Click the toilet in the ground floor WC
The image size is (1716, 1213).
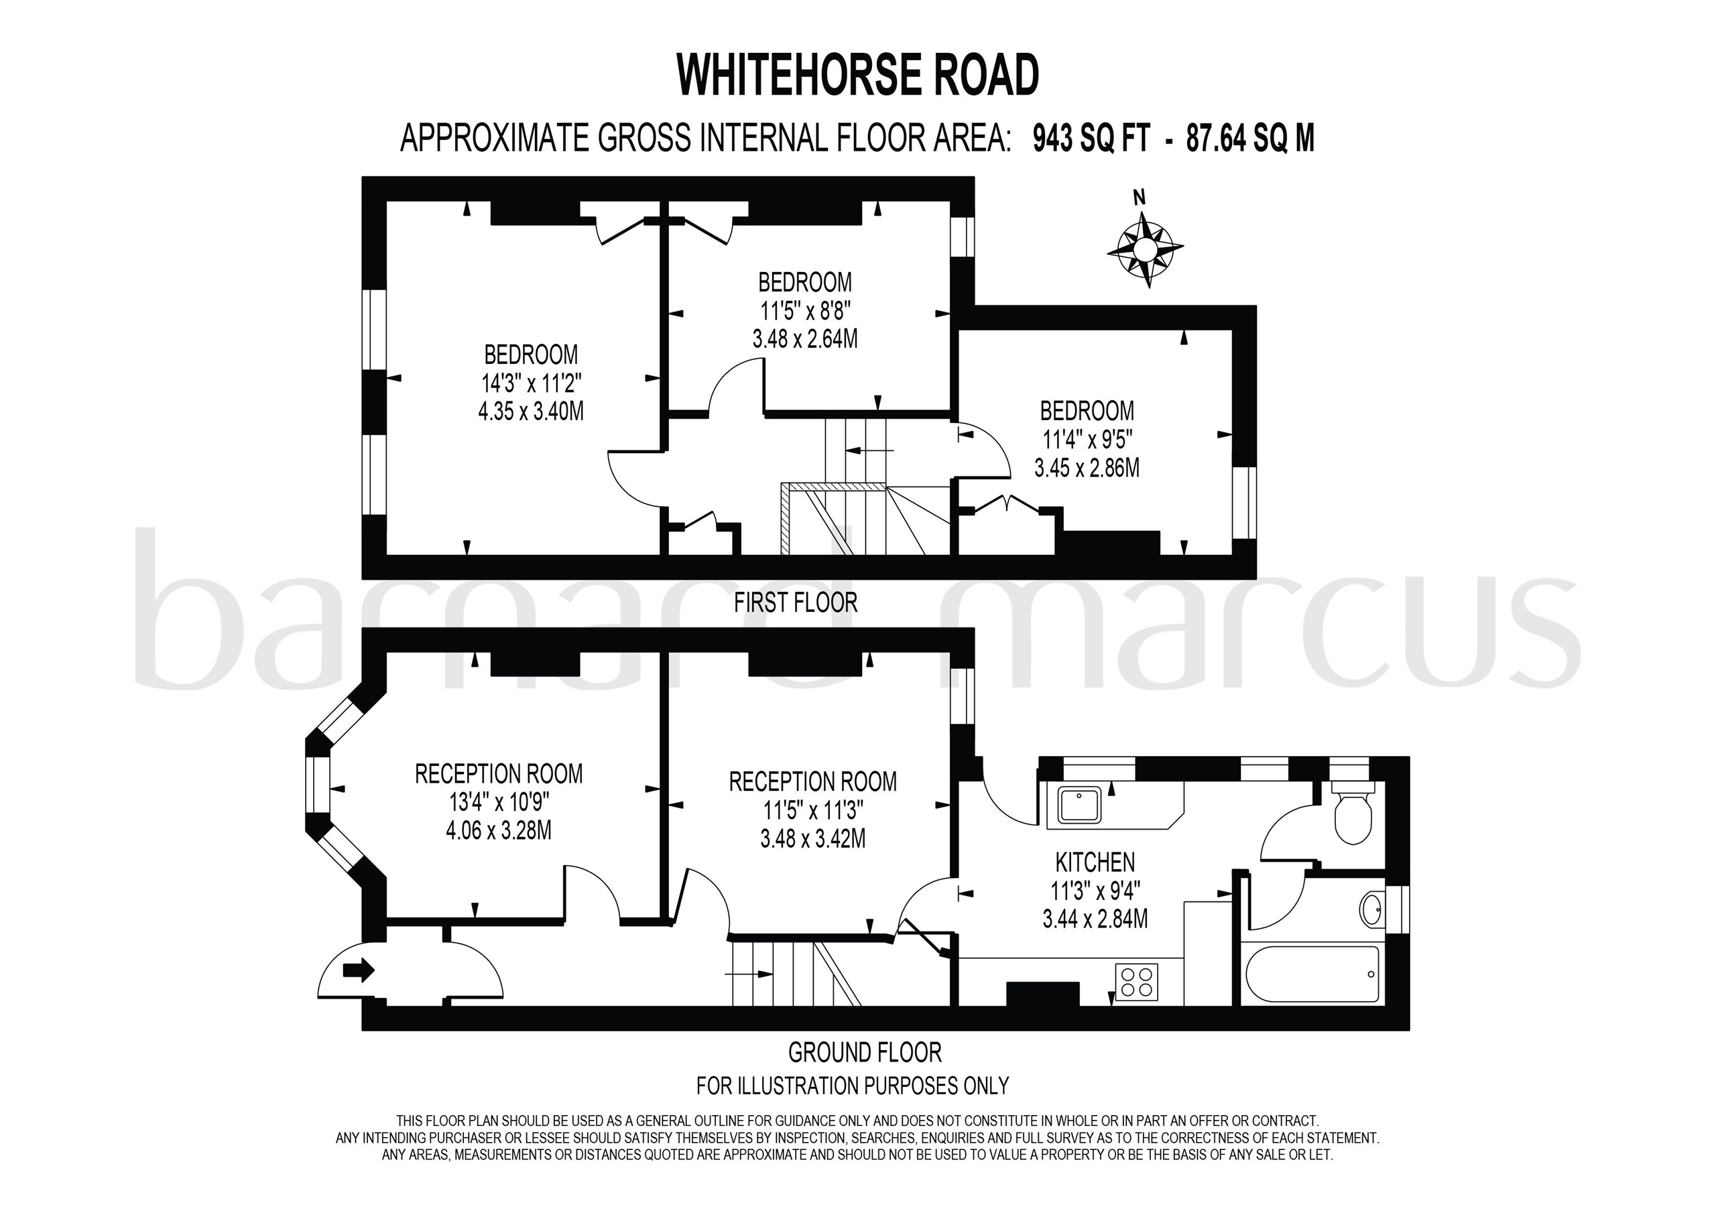[1353, 817]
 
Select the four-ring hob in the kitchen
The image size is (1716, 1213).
[1137, 981]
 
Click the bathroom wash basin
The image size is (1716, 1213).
[1371, 909]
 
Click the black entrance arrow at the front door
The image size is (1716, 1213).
[359, 970]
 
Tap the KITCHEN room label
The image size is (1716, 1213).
[1095, 863]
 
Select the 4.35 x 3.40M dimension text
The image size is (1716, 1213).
[531, 411]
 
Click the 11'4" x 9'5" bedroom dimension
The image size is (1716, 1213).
[1087, 440]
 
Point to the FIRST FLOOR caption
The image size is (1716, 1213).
[795, 602]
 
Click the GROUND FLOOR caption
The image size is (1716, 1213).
[865, 1052]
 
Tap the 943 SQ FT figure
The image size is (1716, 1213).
[1091, 139]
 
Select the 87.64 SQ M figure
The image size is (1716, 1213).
[1249, 139]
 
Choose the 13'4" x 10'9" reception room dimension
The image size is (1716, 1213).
[499, 802]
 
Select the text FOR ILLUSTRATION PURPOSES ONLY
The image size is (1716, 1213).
[852, 1085]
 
